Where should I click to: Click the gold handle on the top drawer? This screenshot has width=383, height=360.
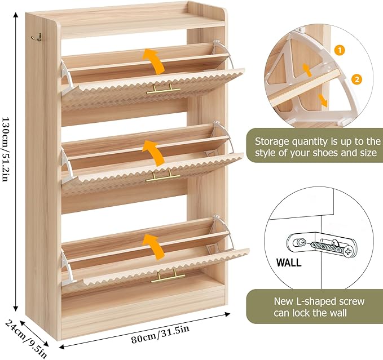(x=164, y=89)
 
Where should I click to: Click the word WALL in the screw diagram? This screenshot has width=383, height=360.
(x=288, y=263)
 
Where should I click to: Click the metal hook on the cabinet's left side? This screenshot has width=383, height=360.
(x=39, y=35)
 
